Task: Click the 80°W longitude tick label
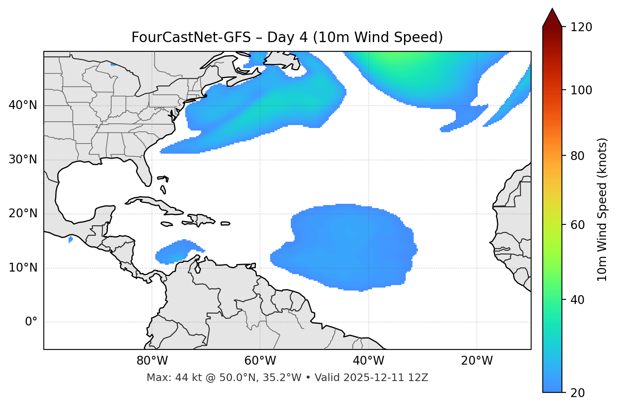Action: click(152, 361)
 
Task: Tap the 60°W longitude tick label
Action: click(260, 361)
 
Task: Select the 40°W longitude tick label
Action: click(368, 361)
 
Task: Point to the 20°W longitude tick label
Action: click(476, 361)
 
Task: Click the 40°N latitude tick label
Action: click(23, 105)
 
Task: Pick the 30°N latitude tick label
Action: click(23, 160)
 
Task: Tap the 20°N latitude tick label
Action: click(23, 213)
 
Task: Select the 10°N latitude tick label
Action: click(23, 268)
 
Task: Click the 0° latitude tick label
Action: click(31, 322)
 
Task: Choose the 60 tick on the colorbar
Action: click(578, 225)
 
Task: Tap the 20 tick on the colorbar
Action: click(577, 393)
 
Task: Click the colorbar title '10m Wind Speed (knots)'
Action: click(602, 209)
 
